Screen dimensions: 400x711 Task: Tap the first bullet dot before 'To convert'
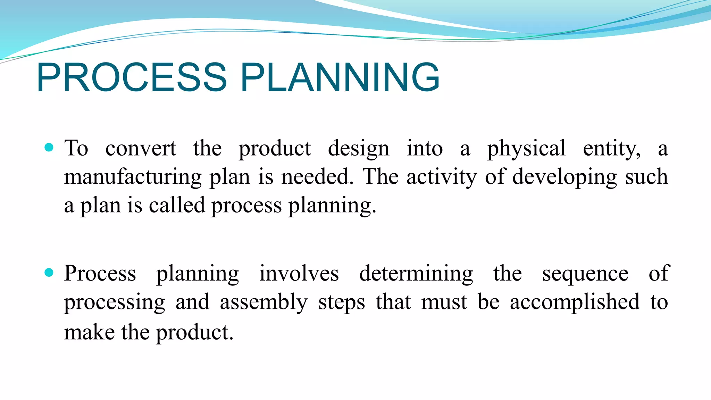[49, 148]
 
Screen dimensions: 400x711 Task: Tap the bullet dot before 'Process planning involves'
[49, 273]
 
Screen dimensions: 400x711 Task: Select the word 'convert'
[141, 149]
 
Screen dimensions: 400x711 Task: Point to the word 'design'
[358, 149]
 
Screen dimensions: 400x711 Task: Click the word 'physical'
[526, 149]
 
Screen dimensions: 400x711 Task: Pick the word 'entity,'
[612, 149]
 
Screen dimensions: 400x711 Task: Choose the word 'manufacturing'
[133, 177]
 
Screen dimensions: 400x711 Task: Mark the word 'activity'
[442, 177]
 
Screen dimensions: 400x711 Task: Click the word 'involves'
[299, 274]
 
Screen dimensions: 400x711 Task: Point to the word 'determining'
[416, 274]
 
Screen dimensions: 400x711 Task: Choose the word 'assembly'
[264, 302]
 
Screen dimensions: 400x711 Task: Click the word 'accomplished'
[575, 302]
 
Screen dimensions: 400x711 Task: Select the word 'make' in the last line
[89, 333]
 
